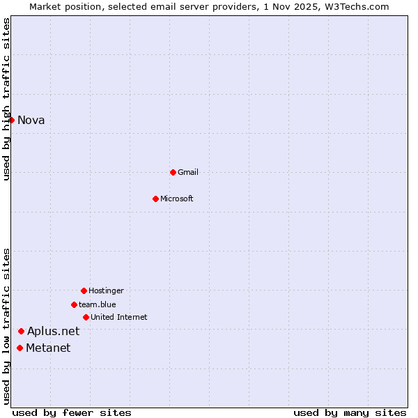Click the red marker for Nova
point(12,120)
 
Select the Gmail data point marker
point(173,172)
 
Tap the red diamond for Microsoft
point(156,199)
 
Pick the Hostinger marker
point(84,291)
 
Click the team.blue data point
point(74,304)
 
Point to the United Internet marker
point(86,317)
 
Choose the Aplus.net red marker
point(22,331)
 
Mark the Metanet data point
point(20,348)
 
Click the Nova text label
point(31,120)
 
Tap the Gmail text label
point(188,172)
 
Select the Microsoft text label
point(177,199)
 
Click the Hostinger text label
point(106,291)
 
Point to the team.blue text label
point(98,304)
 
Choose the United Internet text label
point(119,317)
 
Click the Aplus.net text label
point(54,331)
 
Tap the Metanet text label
point(48,348)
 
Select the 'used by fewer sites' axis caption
point(72,412)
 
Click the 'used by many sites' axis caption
point(350,412)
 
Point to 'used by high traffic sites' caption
point(6,98)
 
